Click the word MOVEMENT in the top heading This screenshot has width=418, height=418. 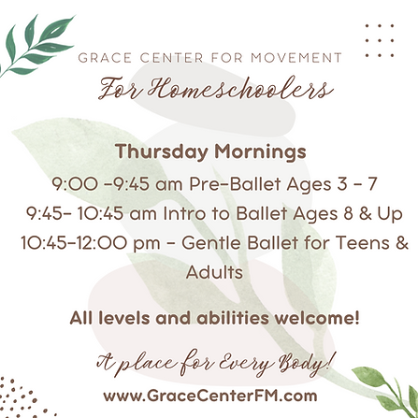point(296,58)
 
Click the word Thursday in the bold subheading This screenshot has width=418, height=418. point(162,151)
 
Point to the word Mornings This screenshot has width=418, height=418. point(260,152)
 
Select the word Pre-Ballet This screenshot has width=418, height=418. point(235,183)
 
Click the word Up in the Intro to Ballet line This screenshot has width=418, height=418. point(390,214)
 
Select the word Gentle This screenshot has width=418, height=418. point(210,243)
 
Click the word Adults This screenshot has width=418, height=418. point(214,272)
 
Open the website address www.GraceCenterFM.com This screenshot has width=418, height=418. point(210,396)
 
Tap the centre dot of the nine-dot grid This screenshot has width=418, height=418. point(380,40)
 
